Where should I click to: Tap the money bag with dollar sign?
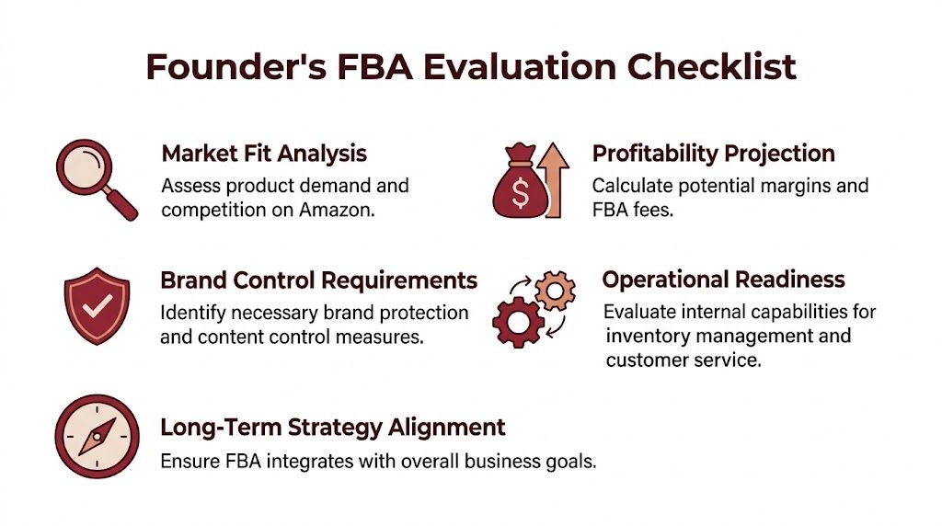pyautogui.click(x=520, y=187)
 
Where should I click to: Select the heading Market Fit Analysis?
pyautogui.click(x=264, y=153)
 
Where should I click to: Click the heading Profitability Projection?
pyautogui.click(x=713, y=153)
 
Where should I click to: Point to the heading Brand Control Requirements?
pyautogui.click(x=318, y=280)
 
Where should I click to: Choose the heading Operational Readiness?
pyautogui.click(x=723, y=280)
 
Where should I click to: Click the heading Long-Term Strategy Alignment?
pyautogui.click(x=332, y=428)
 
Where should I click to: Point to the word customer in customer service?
pyautogui.click(x=646, y=360)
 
